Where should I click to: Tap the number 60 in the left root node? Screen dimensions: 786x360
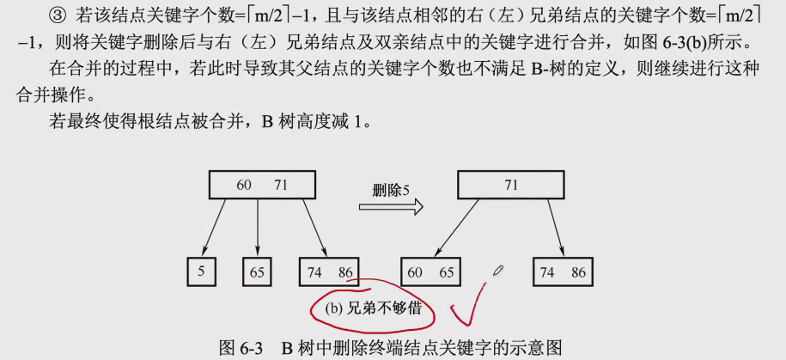click(245, 185)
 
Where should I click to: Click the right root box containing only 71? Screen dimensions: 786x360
click(510, 185)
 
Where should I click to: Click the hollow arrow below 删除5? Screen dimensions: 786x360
click(391, 206)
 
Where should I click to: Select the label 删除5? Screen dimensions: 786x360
click(391, 187)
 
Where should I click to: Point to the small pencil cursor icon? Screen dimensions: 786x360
click(498, 270)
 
